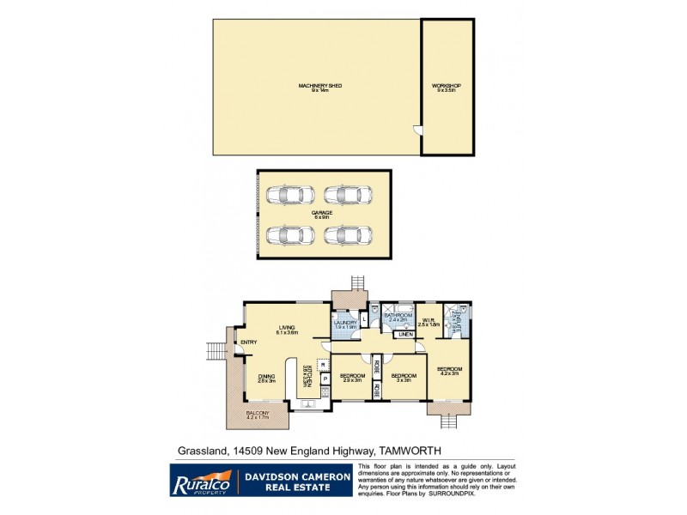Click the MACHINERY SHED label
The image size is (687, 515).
tap(315, 85)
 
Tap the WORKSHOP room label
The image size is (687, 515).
tap(447, 86)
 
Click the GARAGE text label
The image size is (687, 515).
tap(322, 212)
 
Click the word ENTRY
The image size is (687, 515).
tap(248, 343)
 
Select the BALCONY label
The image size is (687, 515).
tap(258, 413)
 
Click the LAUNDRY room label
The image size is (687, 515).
tap(345, 323)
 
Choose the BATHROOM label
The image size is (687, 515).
tap(398, 316)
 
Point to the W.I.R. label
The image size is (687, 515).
tap(429, 322)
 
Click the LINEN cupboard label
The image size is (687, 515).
tap(404, 335)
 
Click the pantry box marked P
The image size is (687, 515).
tap(325, 379)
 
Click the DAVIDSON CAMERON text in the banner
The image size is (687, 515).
tap(294, 473)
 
